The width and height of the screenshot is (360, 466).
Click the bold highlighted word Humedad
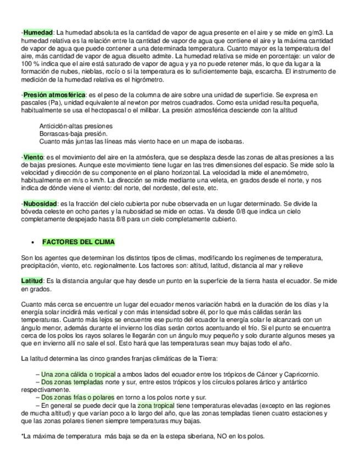coord(38,33)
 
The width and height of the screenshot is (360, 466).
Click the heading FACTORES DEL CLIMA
coord(79,242)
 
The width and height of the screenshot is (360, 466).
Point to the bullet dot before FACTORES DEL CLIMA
coord(34,242)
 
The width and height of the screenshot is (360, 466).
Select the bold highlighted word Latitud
coord(32,281)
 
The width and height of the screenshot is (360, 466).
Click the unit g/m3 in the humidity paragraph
coord(314,33)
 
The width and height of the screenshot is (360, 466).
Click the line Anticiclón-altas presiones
coord(76,126)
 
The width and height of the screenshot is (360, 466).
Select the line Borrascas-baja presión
coord(73,134)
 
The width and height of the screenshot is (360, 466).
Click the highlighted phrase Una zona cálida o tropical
coord(77,374)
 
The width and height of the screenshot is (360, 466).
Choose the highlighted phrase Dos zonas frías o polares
coord(77,397)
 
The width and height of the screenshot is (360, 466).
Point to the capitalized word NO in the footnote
coord(206,436)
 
